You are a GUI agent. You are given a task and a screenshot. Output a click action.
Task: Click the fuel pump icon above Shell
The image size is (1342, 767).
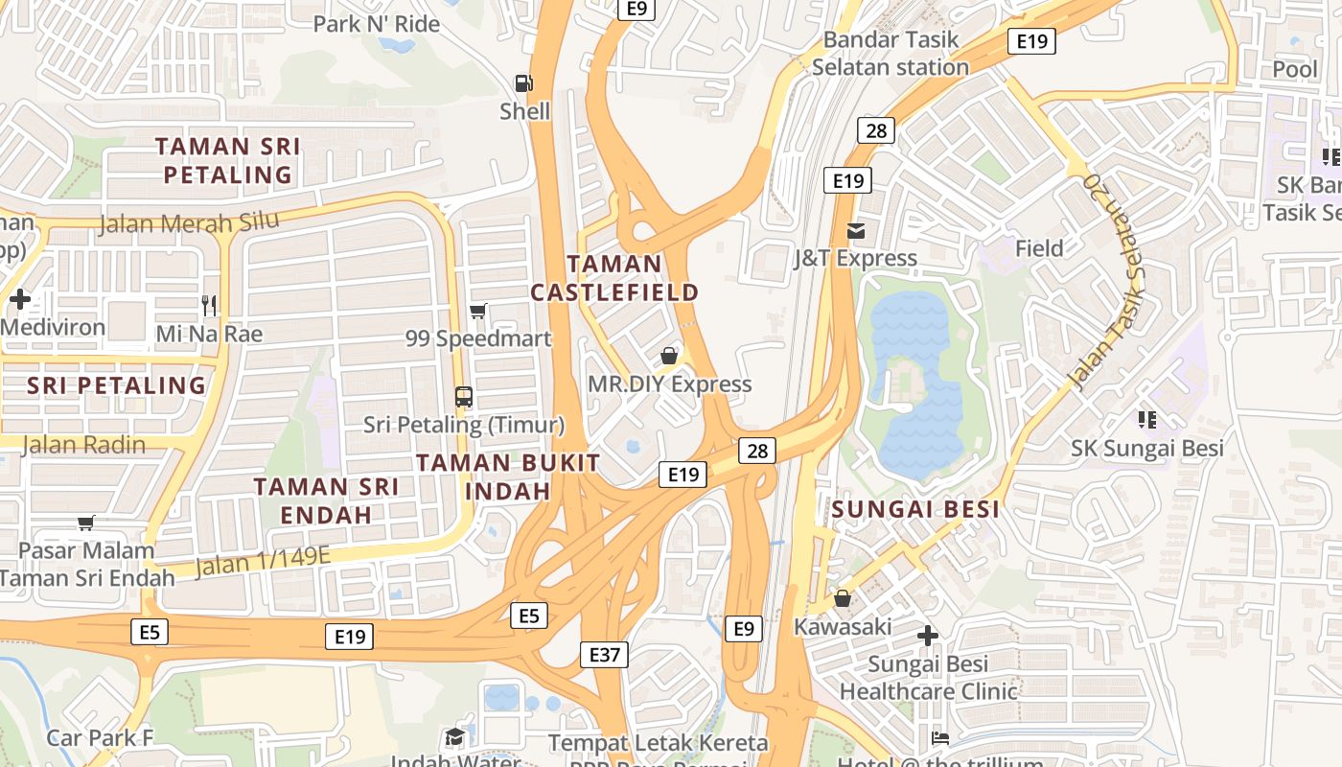(523, 84)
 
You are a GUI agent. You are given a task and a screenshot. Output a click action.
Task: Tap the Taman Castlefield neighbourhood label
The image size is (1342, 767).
(614, 278)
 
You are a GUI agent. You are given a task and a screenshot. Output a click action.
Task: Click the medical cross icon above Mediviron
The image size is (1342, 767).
(19, 299)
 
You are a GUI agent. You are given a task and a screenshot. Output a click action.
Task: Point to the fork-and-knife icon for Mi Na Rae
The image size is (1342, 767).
(209, 306)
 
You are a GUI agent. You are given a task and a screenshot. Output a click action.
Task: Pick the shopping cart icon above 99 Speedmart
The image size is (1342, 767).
(477, 311)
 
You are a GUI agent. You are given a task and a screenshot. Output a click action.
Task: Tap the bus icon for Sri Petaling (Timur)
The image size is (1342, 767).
(464, 396)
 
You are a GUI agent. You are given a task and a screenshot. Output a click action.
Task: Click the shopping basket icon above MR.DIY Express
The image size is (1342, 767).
(669, 356)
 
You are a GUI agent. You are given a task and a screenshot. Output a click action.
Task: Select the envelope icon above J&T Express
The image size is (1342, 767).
(855, 231)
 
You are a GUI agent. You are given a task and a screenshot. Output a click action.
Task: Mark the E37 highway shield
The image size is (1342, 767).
(604, 655)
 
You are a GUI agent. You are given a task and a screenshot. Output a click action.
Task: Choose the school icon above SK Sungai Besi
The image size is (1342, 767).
(1145, 419)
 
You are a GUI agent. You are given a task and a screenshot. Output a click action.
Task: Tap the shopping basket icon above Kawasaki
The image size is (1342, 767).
(842, 598)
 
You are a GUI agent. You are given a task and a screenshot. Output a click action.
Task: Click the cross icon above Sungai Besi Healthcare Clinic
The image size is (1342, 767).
(927, 635)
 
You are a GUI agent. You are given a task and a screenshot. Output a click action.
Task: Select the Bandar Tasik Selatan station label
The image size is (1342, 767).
(891, 54)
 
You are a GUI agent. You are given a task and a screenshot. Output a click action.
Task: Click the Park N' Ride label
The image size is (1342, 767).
(377, 24)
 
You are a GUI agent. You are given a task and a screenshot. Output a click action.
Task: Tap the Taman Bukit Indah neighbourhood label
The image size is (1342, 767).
(508, 476)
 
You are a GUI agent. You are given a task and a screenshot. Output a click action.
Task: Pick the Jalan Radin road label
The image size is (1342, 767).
(83, 445)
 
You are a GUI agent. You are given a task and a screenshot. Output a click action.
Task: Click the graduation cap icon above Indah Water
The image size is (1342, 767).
(454, 736)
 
